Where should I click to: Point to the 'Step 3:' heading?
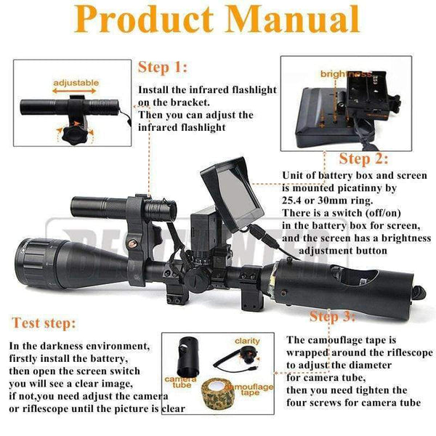coord(334,316)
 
